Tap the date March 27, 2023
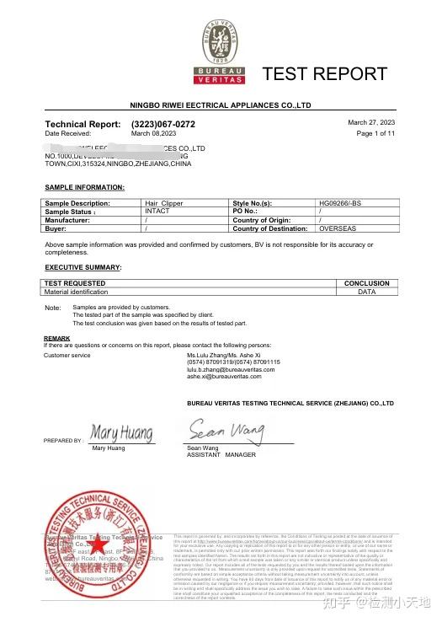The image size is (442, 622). click(371, 123)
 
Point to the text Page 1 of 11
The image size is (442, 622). click(375, 133)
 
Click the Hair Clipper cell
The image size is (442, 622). click(163, 204)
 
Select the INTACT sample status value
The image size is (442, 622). click(157, 212)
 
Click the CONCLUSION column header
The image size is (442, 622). click(366, 283)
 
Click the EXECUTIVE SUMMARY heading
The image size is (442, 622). click(83, 267)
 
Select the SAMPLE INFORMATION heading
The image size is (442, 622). click(84, 186)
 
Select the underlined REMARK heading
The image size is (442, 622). click(56, 338)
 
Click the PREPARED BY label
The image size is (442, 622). click(63, 440)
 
